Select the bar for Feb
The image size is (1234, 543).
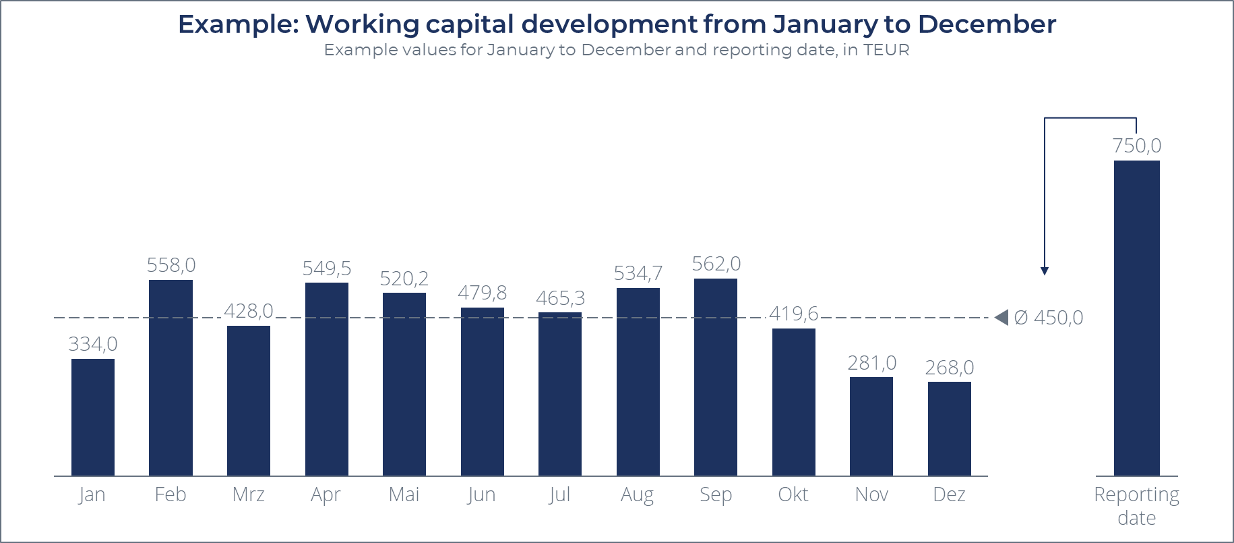point(171,378)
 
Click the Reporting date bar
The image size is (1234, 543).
point(1136,317)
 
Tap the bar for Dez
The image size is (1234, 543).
point(949,428)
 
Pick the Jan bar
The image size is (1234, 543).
point(93,417)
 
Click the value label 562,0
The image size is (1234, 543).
point(716,264)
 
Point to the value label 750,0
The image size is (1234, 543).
point(1136,146)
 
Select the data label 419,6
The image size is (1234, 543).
point(793,314)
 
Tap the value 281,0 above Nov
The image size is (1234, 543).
point(871,363)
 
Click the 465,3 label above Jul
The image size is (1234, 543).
point(560,298)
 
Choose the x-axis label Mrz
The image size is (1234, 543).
point(248,494)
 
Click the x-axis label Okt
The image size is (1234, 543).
point(793,494)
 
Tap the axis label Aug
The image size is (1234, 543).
point(637,494)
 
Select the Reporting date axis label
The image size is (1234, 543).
point(1136,506)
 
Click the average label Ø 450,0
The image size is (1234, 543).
point(1048,318)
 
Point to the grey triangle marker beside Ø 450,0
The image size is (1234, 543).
point(1001,317)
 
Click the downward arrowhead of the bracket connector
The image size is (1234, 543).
point(1044,271)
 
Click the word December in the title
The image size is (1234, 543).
point(987,24)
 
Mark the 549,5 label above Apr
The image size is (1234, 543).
point(326,268)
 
